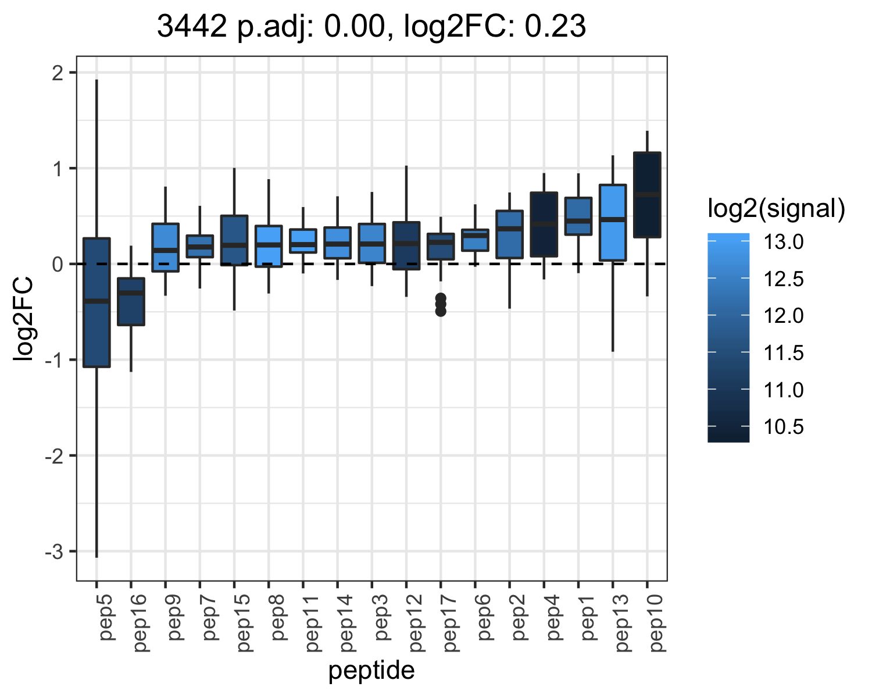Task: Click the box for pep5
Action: tap(97, 302)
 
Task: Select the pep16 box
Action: tap(131, 302)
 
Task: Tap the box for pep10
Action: tap(647, 195)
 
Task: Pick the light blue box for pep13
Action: tap(613, 222)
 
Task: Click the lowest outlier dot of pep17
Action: tap(441, 312)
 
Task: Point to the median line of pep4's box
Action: tap(544, 224)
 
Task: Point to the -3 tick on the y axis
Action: tap(73, 551)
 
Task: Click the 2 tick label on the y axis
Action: tap(58, 73)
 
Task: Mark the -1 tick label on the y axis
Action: tap(54, 360)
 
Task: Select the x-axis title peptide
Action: tap(371, 671)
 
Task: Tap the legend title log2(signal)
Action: tap(777, 209)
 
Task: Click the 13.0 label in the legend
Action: tap(784, 242)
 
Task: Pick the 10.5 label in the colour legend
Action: tap(784, 427)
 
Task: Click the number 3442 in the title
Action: tap(192, 26)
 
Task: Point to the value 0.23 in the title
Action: tap(555, 26)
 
